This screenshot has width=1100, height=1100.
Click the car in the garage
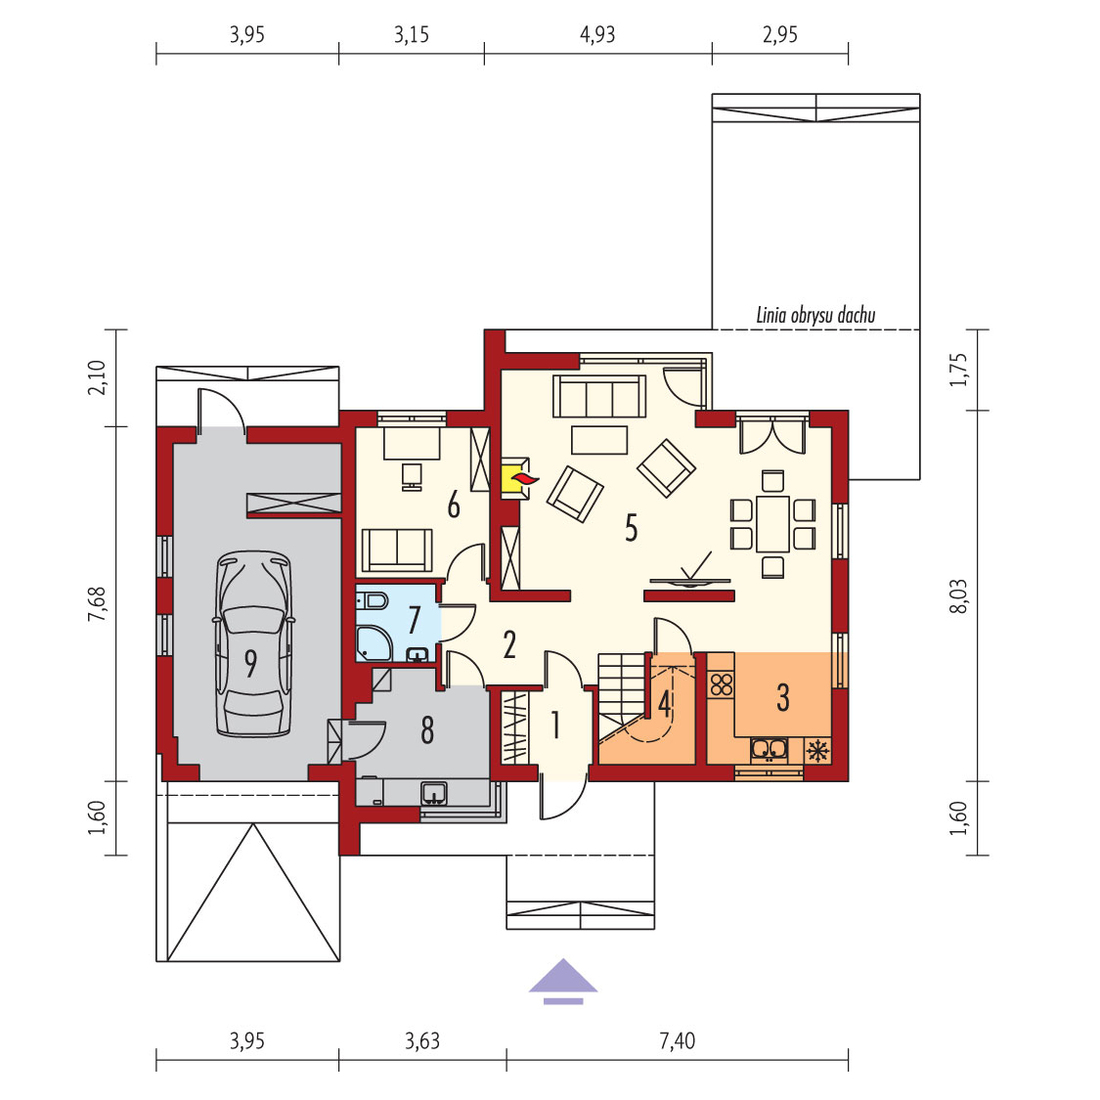click(x=253, y=643)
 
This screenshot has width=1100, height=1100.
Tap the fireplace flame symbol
click(x=524, y=479)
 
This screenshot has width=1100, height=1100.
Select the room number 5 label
click(x=632, y=528)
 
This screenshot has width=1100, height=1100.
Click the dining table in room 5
click(x=772, y=524)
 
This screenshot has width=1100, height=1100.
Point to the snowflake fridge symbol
click(x=817, y=751)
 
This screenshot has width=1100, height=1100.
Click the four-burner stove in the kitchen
click(x=722, y=684)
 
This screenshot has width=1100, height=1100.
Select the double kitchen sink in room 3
click(x=769, y=750)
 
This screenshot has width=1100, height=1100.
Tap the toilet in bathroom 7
click(x=372, y=601)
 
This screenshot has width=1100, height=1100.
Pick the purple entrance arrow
click(x=562, y=980)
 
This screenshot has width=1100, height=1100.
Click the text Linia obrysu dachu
click(x=815, y=315)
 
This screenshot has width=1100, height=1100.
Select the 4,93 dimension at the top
click(x=597, y=34)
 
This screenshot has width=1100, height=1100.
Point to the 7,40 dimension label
click(x=677, y=1040)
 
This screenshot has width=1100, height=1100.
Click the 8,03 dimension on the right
click(x=958, y=596)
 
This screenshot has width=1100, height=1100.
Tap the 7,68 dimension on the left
click(x=97, y=603)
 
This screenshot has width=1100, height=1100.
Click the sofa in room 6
click(x=397, y=550)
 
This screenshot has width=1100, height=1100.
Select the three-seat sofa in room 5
click(x=599, y=396)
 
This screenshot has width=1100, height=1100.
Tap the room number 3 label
click(x=783, y=697)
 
